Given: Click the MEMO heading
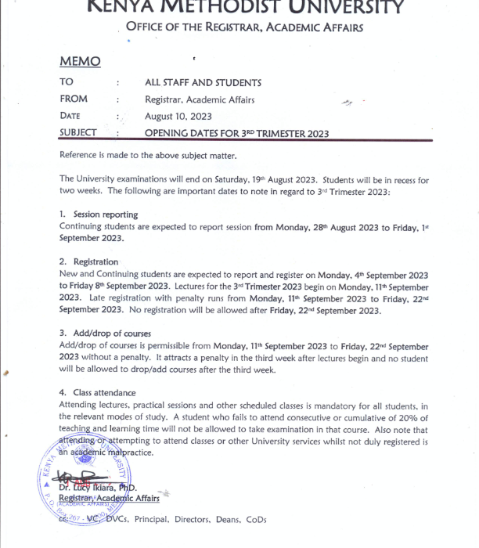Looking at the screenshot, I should click(79, 61).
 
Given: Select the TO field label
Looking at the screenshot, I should click(67, 82).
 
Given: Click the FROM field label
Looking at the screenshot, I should click(74, 99).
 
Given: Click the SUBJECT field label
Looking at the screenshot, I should click(78, 133).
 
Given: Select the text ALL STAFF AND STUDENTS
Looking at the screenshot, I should click(203, 82).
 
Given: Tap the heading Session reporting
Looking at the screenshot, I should click(105, 215).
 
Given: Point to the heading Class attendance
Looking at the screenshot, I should click(104, 392).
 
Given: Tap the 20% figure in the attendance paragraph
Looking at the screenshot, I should click(417, 416).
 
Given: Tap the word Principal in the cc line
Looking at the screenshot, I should click(153, 519).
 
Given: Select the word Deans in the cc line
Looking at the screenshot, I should click(225, 519).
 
